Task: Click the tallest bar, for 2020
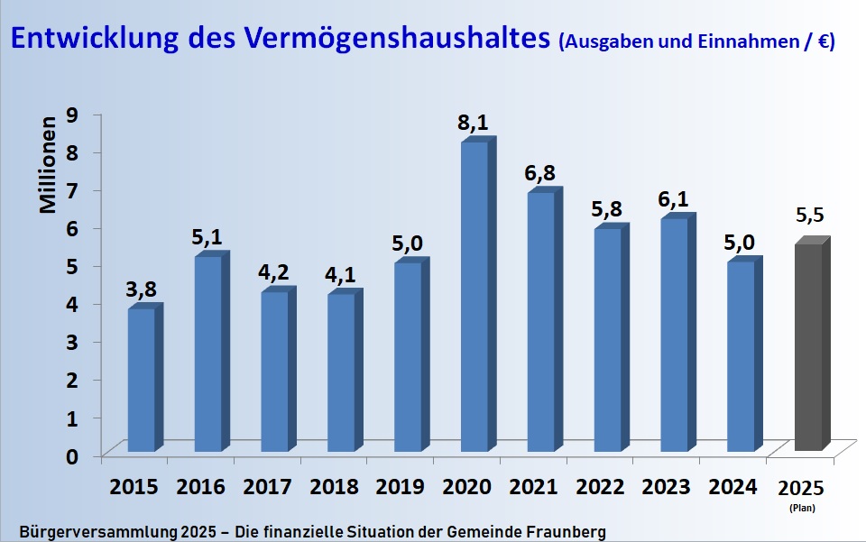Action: click(474, 298)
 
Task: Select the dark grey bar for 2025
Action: click(807, 347)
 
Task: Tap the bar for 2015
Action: click(142, 379)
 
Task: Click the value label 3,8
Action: click(142, 289)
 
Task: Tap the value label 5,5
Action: click(810, 216)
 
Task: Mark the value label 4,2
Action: click(274, 272)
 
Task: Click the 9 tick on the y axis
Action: click(72, 115)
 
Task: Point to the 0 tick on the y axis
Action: click(72, 456)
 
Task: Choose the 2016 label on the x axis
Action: click(201, 487)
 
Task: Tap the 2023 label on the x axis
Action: click(667, 487)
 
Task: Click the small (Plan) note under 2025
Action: click(801, 509)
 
